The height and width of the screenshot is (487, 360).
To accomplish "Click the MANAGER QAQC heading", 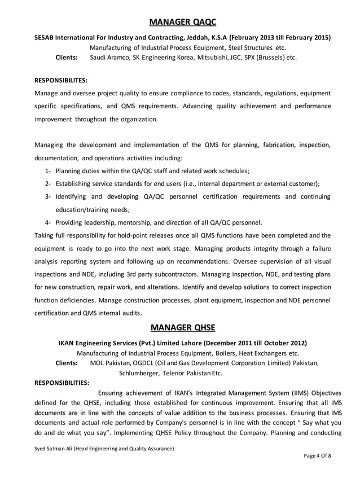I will tap(179, 22).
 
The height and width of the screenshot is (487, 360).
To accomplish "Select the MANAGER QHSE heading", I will tap(179, 328).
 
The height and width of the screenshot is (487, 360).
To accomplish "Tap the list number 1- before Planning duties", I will tap(48, 171).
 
